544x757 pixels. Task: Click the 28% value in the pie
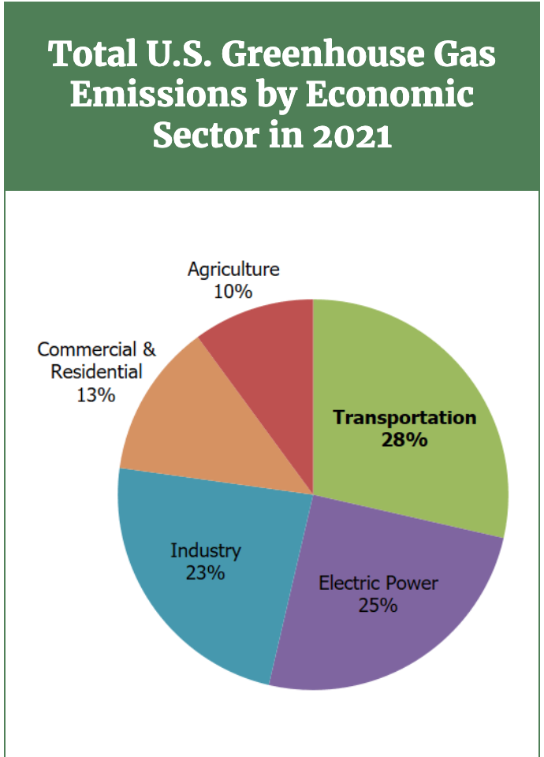point(404,440)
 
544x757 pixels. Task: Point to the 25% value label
point(378,606)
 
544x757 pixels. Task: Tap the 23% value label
point(205,572)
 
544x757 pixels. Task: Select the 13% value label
point(96,394)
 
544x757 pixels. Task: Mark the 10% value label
point(233,292)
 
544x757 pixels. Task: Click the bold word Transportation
point(404,417)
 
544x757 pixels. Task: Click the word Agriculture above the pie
point(233,269)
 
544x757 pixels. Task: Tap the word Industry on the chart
point(206,550)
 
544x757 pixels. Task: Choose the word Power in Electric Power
point(408,584)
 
